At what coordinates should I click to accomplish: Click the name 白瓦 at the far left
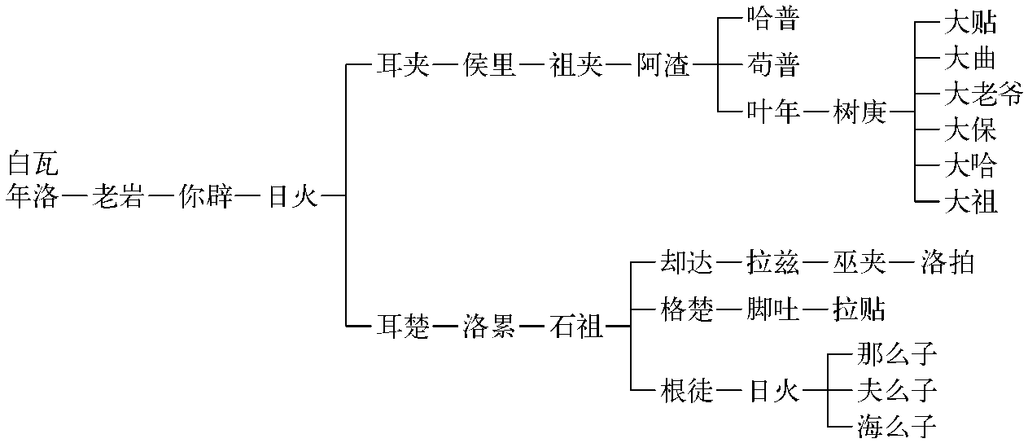(x=33, y=164)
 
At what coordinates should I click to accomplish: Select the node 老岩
(x=118, y=196)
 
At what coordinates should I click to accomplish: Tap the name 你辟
(x=206, y=196)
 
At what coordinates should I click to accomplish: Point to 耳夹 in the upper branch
(x=401, y=65)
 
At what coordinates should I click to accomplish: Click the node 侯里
(x=489, y=65)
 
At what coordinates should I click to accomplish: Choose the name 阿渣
(x=663, y=65)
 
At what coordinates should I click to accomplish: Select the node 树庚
(x=860, y=112)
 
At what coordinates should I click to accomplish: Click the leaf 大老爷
(x=983, y=94)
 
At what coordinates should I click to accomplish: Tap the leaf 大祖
(x=970, y=200)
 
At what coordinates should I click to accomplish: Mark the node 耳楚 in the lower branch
(x=401, y=327)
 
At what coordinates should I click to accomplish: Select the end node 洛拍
(x=947, y=262)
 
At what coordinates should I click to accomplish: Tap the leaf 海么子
(x=897, y=425)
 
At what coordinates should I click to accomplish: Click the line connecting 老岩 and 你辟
(x=162, y=196)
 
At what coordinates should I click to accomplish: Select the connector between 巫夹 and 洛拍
(x=903, y=262)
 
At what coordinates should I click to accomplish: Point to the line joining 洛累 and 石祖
(x=533, y=327)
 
